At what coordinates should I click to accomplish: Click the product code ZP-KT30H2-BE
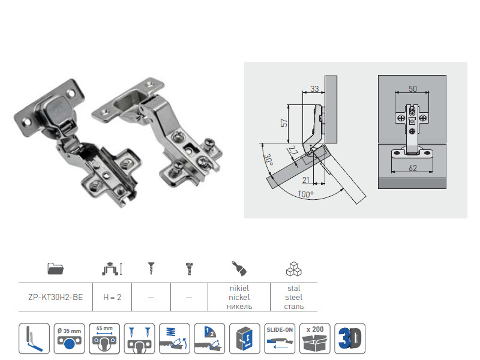(x=56, y=296)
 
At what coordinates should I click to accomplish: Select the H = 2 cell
(x=112, y=296)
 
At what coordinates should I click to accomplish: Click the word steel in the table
(x=294, y=297)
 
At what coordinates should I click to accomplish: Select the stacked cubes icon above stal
(x=294, y=268)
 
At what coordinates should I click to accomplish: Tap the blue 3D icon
(x=350, y=338)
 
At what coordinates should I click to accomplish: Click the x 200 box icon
(x=315, y=338)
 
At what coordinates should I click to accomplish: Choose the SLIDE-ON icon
(x=280, y=338)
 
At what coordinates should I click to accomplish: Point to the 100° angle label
(x=306, y=195)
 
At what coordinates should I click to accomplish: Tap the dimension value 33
(x=314, y=89)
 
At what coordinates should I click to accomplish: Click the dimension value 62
(x=413, y=169)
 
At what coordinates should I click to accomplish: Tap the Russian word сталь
(x=294, y=306)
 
